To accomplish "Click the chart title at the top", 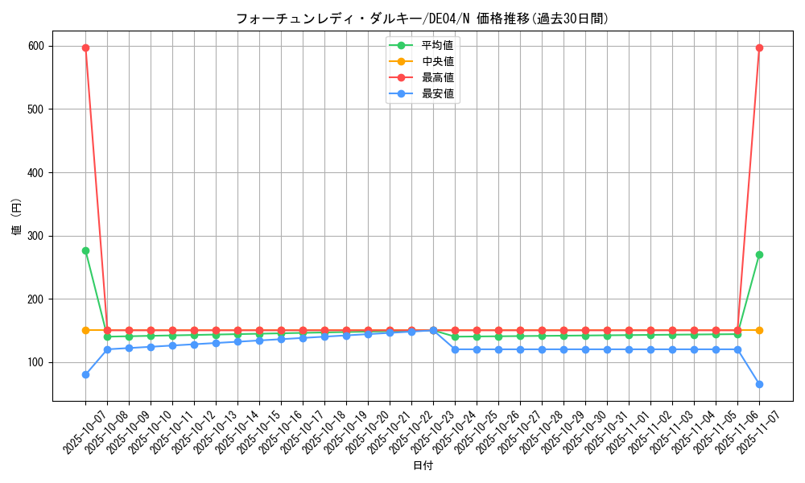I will tap(422, 18).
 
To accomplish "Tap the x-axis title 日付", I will tap(422, 465).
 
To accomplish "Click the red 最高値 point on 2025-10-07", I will tap(85, 47).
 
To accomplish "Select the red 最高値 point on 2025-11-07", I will tap(759, 47).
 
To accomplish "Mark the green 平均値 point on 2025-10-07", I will tap(85, 250).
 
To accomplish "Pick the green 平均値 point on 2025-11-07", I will tap(759, 254).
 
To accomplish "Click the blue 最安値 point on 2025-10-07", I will tap(85, 374).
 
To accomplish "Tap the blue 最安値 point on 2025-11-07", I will tap(759, 384).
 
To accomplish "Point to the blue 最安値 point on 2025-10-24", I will tap(455, 349).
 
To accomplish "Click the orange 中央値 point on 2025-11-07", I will tap(759, 330).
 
